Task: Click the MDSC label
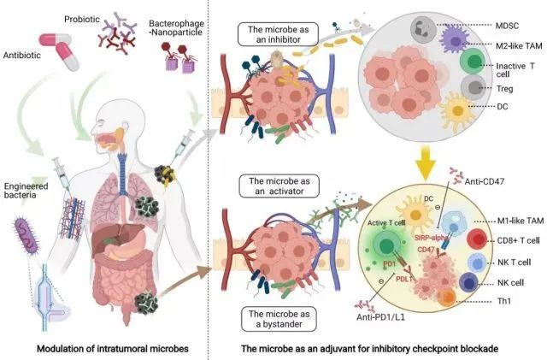coord(507,26)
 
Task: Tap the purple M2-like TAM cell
coord(454,40)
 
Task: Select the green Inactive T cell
coord(473,62)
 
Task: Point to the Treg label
coord(504,89)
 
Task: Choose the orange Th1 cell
coord(447,298)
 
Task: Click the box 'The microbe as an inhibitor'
coord(279,34)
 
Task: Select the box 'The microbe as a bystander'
coord(279,319)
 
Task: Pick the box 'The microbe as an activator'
coord(279,186)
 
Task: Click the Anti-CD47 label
coord(485,181)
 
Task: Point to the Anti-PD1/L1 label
coord(380,317)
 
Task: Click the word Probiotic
coord(82,19)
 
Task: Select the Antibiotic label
coord(22,56)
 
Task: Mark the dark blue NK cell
coord(469,283)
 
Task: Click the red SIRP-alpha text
coord(431,238)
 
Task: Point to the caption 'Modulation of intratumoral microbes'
coord(113,349)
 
